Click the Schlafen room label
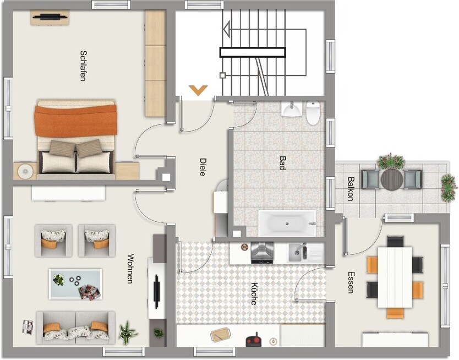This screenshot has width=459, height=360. (x=83, y=66)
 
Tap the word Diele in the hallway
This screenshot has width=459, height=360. (x=202, y=167)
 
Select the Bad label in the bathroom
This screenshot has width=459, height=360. (x=282, y=163)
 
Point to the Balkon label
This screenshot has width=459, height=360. (x=351, y=188)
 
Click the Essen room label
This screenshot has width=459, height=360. (x=351, y=282)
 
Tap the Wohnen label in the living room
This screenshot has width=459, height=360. (x=130, y=269)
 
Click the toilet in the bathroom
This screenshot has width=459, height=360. (x=313, y=113)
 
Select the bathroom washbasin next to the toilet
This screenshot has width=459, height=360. (x=291, y=110)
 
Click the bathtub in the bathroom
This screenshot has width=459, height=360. (x=287, y=223)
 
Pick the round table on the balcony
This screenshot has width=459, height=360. (x=392, y=178)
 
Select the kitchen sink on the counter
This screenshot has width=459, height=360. (x=300, y=252)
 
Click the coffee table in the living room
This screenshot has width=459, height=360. (x=75, y=283)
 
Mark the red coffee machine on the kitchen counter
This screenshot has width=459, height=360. (x=254, y=340)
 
